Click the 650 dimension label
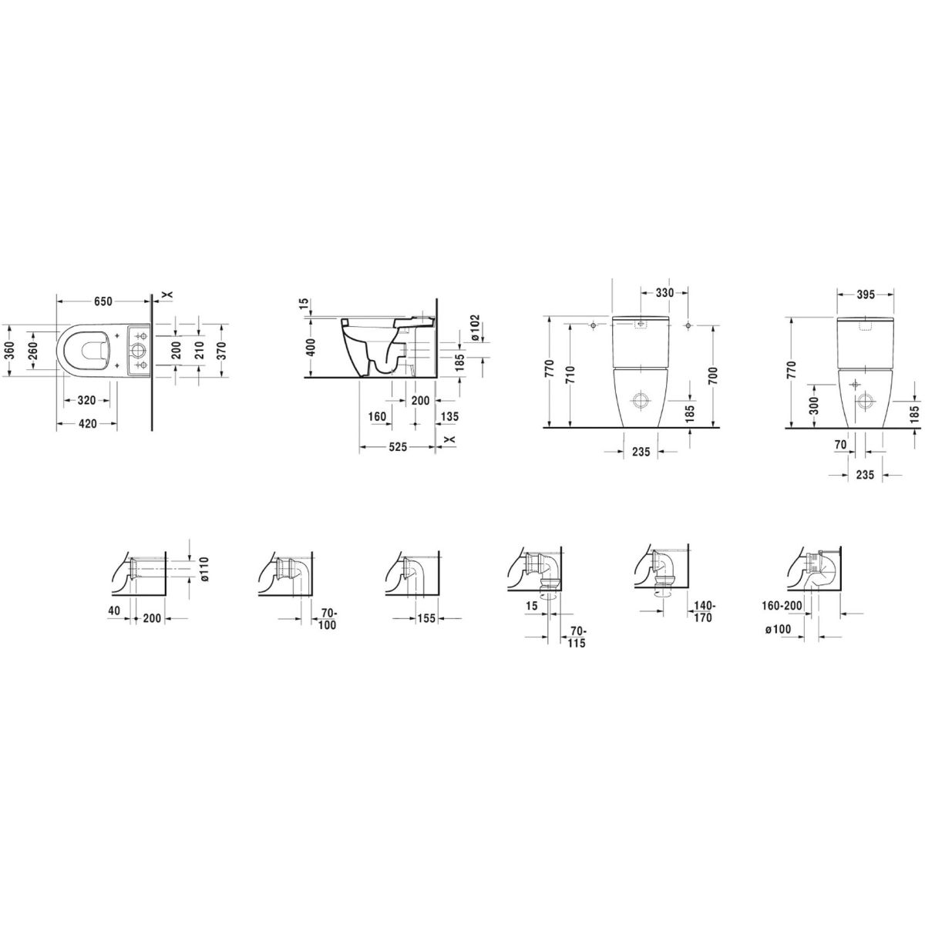tap(103, 301)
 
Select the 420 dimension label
tap(87, 423)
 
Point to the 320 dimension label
tap(87, 400)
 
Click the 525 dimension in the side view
tap(398, 447)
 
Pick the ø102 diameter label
tap(475, 328)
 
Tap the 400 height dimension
tap(311, 348)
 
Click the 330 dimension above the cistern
tap(664, 293)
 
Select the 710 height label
tap(570, 376)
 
